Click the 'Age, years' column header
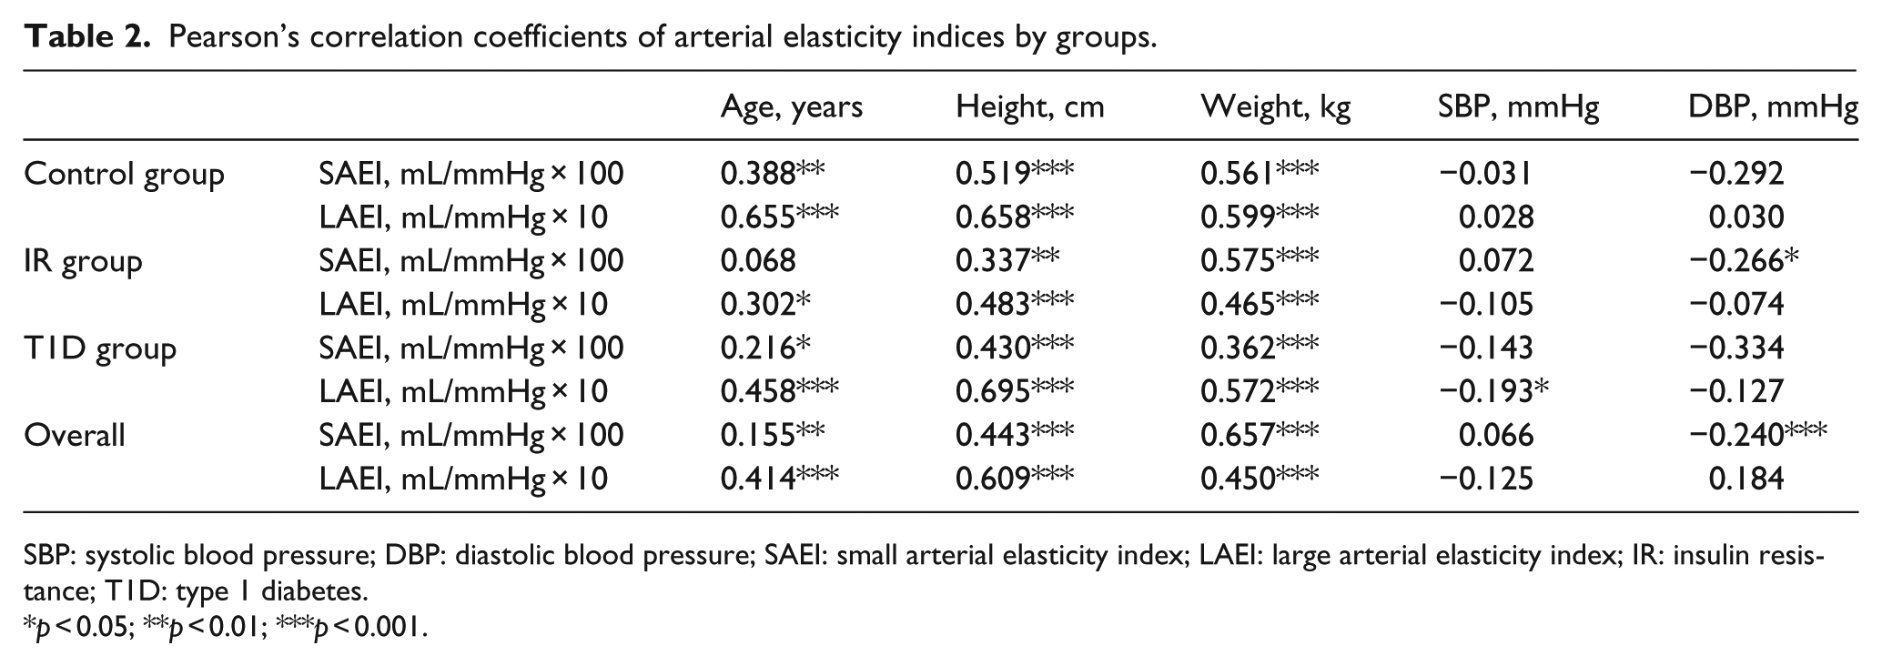tap(791, 107)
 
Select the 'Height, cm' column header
tap(1029, 107)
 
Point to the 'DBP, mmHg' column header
tap(1772, 107)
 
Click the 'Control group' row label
tap(124, 174)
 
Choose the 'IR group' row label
tap(83, 261)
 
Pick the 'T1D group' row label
tap(99, 348)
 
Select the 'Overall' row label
tap(74, 435)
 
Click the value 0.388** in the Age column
tap(773, 173)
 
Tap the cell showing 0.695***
tap(1014, 391)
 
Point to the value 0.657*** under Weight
tap(1260, 435)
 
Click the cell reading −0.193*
tap(1493, 391)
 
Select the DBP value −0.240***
tap(1757, 435)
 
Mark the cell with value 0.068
tap(758, 261)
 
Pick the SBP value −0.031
tap(1486, 173)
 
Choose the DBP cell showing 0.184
tap(1746, 479)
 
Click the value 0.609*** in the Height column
tap(1014, 479)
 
